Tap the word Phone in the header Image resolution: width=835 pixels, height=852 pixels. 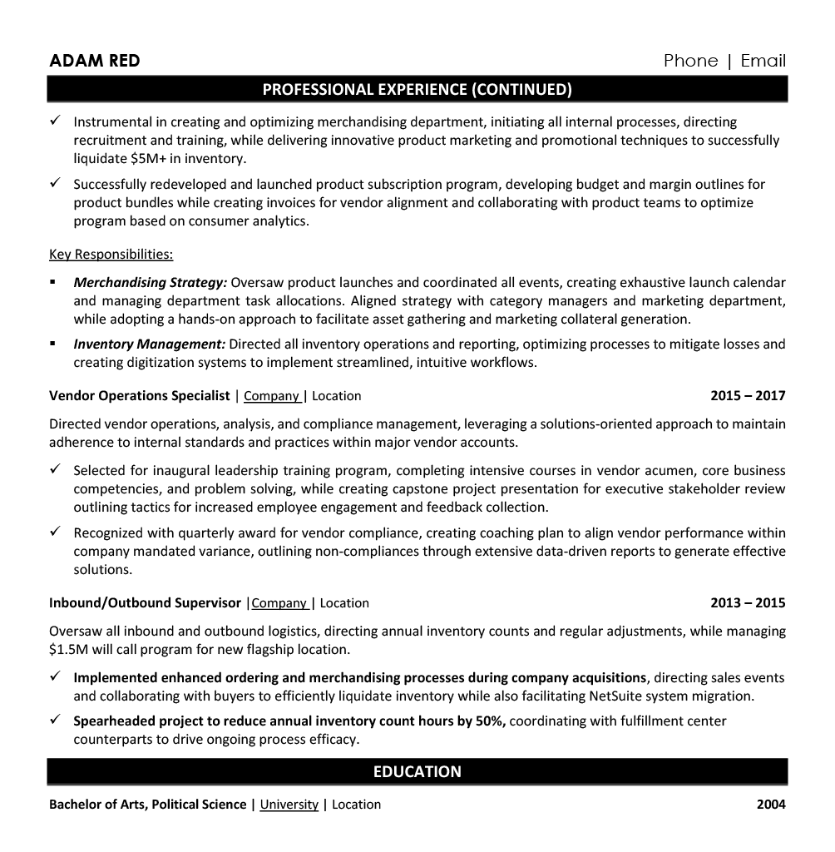[690, 61]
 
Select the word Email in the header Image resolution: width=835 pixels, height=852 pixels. [763, 61]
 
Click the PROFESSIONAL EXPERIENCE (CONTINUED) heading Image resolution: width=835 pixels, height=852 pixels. [417, 89]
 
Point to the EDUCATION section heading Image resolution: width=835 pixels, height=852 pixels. [417, 771]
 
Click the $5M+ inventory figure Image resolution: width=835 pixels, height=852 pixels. [150, 158]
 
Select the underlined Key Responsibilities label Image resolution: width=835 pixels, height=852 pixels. [111, 254]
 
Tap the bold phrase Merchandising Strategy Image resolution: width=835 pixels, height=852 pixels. [150, 283]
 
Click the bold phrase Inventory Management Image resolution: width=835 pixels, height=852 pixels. [149, 344]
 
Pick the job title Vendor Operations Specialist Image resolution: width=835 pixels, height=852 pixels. [139, 396]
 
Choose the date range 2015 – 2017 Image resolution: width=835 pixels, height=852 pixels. [747, 396]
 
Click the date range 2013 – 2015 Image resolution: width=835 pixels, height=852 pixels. [747, 602]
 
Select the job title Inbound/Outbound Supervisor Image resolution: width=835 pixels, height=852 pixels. [145, 603]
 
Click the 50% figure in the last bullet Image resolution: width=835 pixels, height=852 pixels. [489, 721]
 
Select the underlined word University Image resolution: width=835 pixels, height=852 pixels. [289, 805]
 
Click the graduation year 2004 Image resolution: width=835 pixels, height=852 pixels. [771, 805]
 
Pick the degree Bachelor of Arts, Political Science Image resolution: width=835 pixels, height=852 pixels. [147, 805]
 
